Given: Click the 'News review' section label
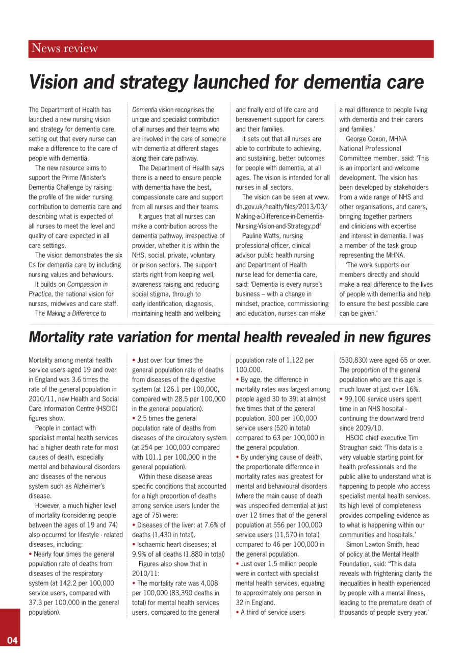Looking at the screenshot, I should coord(64,49).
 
